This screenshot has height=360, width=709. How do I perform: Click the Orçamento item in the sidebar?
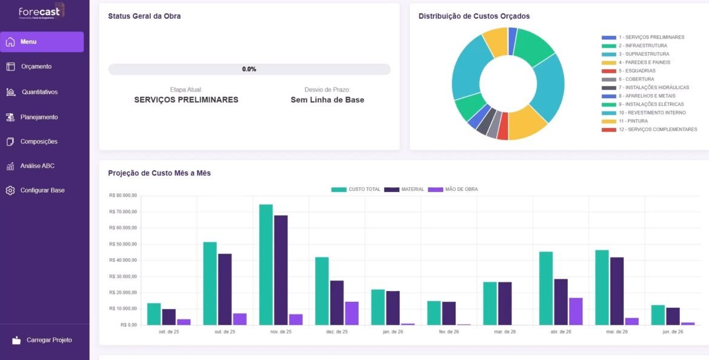[x=36, y=67]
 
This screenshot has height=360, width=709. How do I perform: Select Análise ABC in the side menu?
[x=37, y=166]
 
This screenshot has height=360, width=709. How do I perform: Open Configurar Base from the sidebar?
[x=42, y=190]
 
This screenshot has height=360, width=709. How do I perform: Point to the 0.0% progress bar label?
[x=249, y=69]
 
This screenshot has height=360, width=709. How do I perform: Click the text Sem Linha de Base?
[x=327, y=100]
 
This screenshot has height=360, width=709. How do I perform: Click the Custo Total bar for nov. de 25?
[x=266, y=264]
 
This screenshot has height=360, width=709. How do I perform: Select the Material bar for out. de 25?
[x=225, y=289]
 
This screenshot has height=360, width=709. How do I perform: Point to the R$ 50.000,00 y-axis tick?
[x=123, y=244]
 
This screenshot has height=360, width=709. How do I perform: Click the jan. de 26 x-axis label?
[x=393, y=332]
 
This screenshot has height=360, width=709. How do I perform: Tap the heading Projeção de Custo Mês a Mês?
[x=159, y=173]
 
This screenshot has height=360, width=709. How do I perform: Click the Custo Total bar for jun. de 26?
[x=658, y=315]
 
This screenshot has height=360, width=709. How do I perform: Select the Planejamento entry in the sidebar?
[x=39, y=117]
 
